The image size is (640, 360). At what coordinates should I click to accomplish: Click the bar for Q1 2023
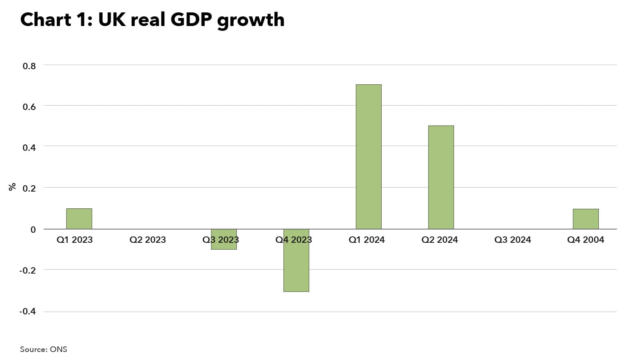click(x=79, y=219)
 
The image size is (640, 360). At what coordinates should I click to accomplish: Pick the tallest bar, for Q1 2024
click(x=368, y=157)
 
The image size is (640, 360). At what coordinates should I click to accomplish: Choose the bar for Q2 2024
click(x=441, y=177)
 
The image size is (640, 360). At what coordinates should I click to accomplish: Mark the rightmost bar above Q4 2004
click(x=586, y=219)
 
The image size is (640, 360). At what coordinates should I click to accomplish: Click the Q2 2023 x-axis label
click(x=148, y=240)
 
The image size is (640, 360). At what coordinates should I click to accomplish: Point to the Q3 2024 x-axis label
click(x=512, y=240)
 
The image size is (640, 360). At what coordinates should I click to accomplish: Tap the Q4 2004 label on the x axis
click(x=586, y=240)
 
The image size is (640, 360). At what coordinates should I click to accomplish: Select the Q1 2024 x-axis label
click(x=366, y=240)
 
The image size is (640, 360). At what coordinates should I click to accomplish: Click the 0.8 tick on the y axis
click(x=29, y=66)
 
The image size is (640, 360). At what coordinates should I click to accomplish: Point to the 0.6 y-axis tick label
click(x=29, y=107)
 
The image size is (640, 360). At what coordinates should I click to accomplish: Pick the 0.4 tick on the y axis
click(x=29, y=148)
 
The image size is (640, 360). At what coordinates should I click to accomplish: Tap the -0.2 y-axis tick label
click(x=28, y=270)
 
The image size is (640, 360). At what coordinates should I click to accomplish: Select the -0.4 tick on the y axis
click(x=28, y=311)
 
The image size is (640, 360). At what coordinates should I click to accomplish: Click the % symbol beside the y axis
click(x=12, y=187)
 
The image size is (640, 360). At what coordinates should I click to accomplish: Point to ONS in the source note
click(x=58, y=349)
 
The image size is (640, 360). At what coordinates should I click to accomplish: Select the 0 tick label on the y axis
click(x=33, y=230)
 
